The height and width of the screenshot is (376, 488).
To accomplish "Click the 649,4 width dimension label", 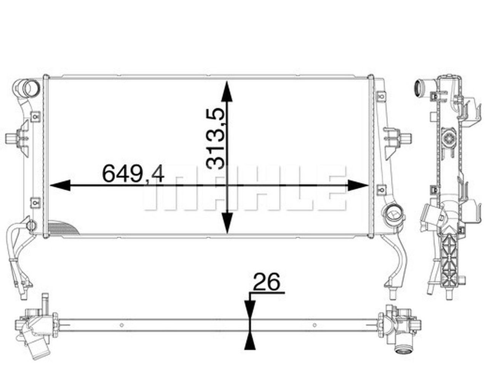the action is pos(133,174).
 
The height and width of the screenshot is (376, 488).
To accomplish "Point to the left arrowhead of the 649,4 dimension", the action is pos(60,185).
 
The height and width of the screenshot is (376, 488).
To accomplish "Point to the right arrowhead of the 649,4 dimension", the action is pos(358,185).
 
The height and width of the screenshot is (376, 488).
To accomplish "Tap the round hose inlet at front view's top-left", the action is pos(27,88).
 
